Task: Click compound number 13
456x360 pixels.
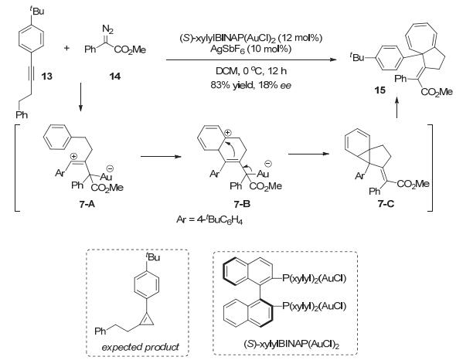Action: pyautogui.click(x=47, y=76)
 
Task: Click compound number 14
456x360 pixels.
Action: pyautogui.click(x=114, y=76)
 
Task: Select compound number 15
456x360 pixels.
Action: pyautogui.click(x=379, y=90)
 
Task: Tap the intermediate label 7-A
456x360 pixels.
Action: pyautogui.click(x=87, y=205)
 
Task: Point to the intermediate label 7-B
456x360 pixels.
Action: pyautogui.click(x=242, y=205)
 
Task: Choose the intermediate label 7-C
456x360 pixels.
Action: pyautogui.click(x=386, y=204)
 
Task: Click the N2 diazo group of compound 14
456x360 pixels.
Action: pyautogui.click(x=108, y=29)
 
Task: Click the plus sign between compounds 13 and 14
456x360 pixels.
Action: pyautogui.click(x=66, y=48)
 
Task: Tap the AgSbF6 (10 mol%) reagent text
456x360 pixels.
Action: pyautogui.click(x=250, y=49)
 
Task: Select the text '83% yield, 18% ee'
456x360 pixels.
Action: pyautogui.click(x=250, y=85)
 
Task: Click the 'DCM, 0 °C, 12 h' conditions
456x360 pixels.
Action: pyautogui.click(x=251, y=71)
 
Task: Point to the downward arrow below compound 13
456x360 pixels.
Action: pyautogui.click(x=80, y=97)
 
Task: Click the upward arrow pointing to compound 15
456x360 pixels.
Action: pyautogui.click(x=396, y=107)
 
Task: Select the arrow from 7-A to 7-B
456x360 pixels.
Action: pyautogui.click(x=161, y=157)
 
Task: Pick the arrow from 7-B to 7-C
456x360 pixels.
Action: pyautogui.click(x=308, y=154)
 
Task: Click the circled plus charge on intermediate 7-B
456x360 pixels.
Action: pyautogui.click(x=228, y=133)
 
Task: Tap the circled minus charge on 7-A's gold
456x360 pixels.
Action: pyautogui.click(x=111, y=168)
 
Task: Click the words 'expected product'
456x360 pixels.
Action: pyautogui.click(x=140, y=347)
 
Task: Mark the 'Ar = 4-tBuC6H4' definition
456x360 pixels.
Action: pyautogui.click(x=209, y=220)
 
